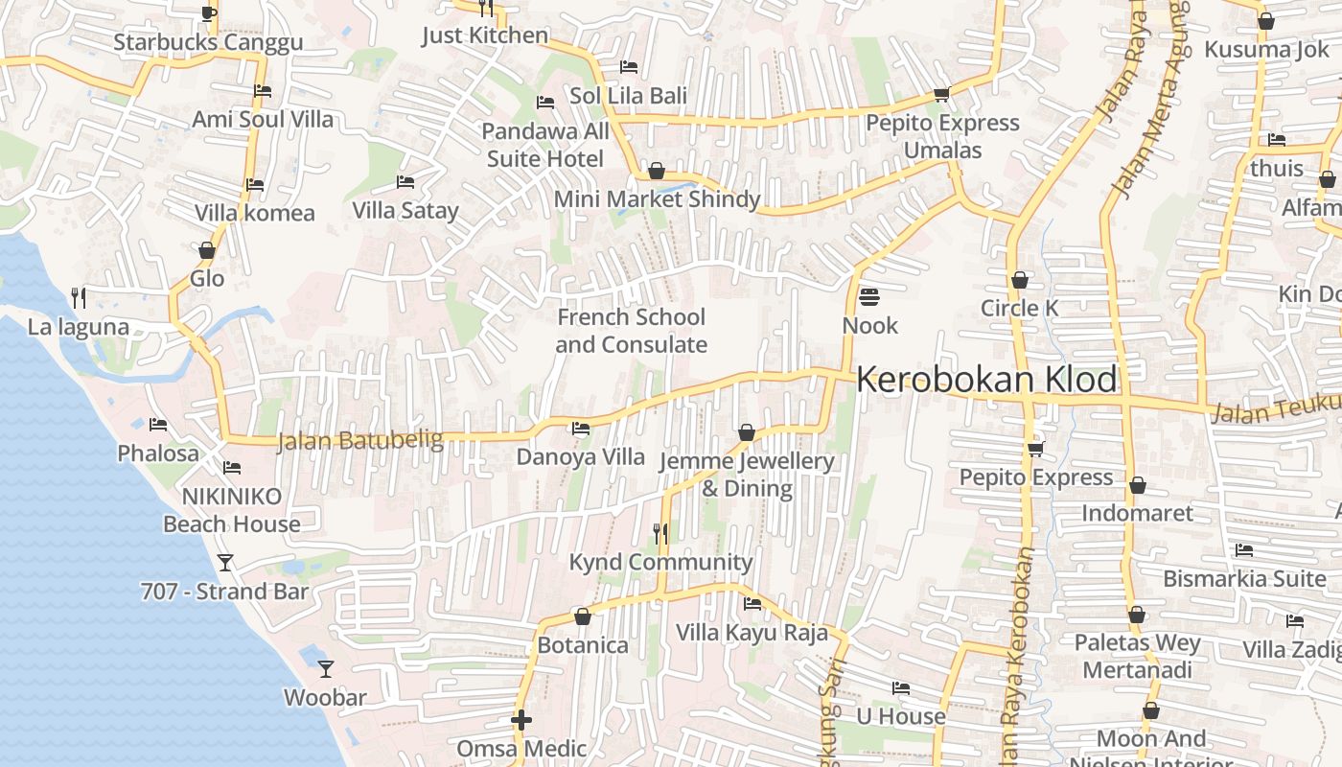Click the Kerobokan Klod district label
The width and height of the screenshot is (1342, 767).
pos(986,380)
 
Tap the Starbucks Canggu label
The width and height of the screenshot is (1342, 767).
pos(208,42)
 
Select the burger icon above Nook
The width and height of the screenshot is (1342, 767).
pos(869,297)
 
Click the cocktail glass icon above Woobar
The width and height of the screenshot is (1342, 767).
pos(326,668)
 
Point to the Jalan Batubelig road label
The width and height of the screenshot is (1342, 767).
pos(360,441)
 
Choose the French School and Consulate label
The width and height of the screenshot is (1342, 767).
pos(632,331)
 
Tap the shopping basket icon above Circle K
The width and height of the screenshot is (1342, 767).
pos(1020,280)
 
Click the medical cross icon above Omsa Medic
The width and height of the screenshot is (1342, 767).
pos(521,720)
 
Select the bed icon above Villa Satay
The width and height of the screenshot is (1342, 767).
pos(405,182)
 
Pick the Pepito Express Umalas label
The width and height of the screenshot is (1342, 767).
pos(943,136)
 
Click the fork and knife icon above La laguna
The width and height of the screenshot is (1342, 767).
pos(79,298)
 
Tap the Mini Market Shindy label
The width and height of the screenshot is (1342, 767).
pos(658,199)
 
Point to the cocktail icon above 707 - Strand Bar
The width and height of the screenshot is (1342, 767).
pos(225,563)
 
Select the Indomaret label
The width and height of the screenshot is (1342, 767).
pos(1138,513)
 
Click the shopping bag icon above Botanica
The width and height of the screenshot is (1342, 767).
pos(582,616)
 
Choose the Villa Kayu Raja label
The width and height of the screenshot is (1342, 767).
pos(752,633)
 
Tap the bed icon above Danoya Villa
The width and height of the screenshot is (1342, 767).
pos(581,429)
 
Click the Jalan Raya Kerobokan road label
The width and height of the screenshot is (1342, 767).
pos(1014,662)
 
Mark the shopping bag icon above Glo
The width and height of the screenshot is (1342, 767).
pos(207,251)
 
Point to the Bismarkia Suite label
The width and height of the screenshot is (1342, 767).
pos(1244,579)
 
